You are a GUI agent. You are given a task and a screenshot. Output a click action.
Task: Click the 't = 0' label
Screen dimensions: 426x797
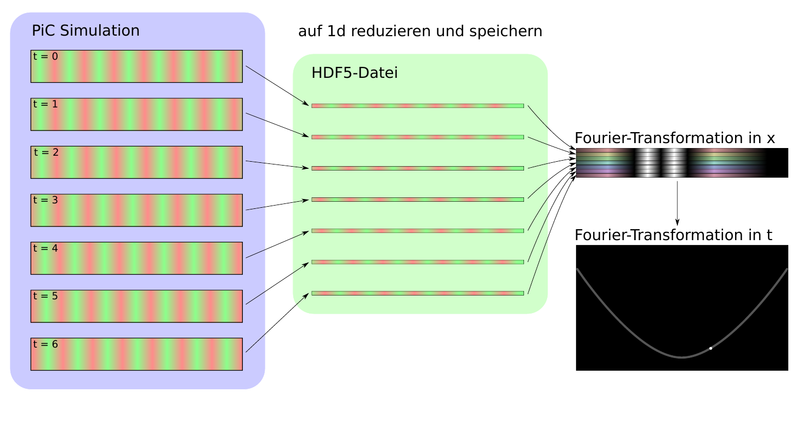click(45, 56)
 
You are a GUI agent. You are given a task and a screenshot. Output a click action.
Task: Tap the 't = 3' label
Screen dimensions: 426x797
click(45, 200)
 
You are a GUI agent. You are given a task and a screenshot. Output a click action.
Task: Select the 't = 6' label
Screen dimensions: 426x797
click(45, 344)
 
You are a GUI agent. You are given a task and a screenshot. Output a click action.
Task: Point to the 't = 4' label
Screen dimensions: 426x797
click(45, 248)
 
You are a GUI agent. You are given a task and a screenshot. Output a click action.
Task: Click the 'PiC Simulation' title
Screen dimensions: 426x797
click(86, 31)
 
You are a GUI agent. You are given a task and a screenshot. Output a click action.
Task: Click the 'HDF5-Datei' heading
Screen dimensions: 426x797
click(354, 73)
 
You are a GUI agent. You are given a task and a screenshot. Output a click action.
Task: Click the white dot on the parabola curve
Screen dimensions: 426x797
click(710, 348)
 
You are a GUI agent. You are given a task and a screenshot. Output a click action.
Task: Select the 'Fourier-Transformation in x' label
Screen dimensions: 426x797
click(674, 138)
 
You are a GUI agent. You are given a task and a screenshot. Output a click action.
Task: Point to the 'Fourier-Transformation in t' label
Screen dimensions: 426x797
click(673, 235)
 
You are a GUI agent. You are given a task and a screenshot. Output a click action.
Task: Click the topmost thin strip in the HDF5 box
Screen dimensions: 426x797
click(417, 106)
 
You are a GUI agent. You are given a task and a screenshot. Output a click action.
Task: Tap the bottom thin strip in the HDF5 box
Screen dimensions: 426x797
click(417, 293)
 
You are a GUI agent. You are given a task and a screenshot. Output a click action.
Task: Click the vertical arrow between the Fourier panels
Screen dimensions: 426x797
click(678, 202)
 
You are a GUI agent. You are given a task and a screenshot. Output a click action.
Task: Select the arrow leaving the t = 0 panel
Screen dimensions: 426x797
click(277, 86)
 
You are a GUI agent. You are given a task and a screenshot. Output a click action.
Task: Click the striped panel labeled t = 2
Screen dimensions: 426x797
click(136, 162)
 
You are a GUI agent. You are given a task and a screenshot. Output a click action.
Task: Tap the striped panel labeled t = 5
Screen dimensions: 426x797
click(136, 306)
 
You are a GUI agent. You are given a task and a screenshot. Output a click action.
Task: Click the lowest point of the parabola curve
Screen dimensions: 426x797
click(681, 357)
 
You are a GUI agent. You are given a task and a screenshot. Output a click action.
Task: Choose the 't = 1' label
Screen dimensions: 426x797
click(45, 104)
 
